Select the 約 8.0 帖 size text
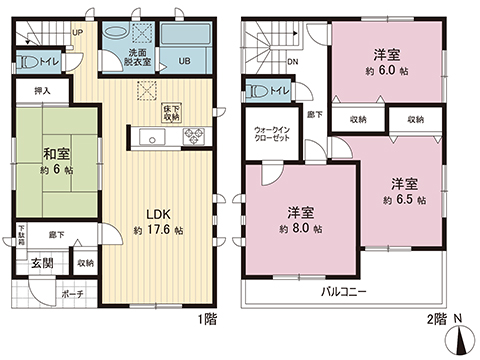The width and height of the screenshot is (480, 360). (x=301, y=229)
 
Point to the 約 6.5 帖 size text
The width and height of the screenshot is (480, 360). (x=404, y=200)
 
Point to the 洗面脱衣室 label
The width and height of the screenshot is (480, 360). (x=139, y=56)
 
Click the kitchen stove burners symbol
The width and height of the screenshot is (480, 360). (x=191, y=137)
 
